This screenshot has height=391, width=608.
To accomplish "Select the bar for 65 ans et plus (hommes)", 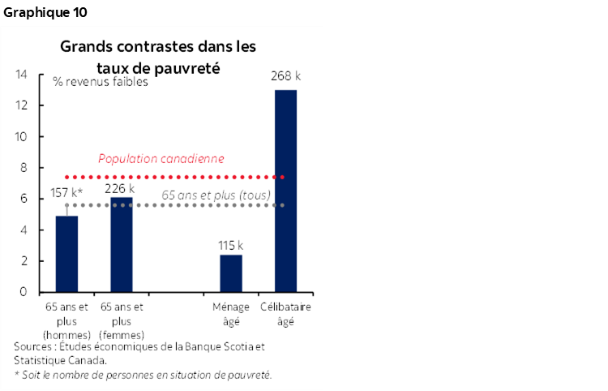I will [x=66, y=254].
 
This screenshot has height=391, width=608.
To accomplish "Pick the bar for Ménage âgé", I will [x=231, y=273].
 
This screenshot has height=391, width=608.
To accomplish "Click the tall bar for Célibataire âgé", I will [x=285, y=191].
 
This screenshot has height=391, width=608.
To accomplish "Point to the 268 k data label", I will [x=285, y=76].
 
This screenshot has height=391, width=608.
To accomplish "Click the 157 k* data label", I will [x=67, y=193].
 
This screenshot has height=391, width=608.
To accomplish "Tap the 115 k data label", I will [x=230, y=244].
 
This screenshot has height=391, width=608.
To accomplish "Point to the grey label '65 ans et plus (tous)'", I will [x=216, y=195].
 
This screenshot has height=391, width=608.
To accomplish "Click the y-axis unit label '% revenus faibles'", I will [x=101, y=82].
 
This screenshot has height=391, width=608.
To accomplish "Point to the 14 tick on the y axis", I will [x=22, y=75].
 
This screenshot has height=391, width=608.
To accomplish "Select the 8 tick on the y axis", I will [x=24, y=168].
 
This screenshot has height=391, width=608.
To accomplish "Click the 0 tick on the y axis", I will [x=24, y=292].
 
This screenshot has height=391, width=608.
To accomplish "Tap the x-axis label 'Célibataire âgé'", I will [x=286, y=315].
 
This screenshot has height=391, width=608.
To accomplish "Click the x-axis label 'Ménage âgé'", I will [x=231, y=315].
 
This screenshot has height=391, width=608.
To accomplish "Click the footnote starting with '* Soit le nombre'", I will [x=143, y=374].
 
